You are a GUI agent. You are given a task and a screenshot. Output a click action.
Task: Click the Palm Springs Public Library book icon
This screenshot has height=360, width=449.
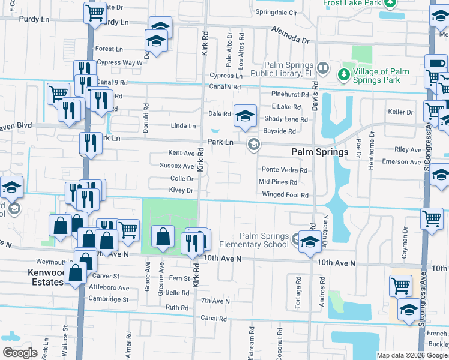(x=323, y=68)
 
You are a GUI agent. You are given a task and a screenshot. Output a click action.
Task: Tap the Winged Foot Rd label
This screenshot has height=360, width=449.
(x=285, y=195)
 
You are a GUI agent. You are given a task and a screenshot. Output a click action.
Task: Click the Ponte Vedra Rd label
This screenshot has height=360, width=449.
(x=283, y=170)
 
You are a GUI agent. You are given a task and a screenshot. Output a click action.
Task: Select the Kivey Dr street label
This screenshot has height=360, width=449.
(x=181, y=190)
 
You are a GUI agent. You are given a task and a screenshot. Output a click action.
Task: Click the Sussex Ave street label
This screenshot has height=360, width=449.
(x=176, y=166)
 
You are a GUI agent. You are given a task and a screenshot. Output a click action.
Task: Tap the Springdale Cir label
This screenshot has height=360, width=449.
(x=276, y=12)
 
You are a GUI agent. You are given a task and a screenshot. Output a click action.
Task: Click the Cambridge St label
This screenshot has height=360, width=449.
(x=108, y=298)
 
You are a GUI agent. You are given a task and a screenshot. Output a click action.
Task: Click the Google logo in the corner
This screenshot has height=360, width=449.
(x=20, y=353)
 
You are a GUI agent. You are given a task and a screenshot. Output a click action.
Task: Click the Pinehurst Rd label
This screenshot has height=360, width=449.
(x=289, y=94)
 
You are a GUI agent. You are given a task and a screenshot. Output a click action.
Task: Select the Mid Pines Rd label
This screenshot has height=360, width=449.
(x=277, y=182)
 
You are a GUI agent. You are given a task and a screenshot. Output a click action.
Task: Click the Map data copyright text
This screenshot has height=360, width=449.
(x=411, y=355)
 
